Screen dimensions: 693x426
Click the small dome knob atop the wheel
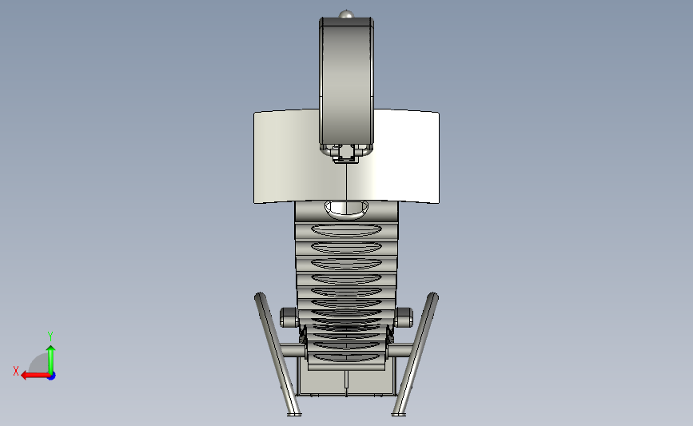click(347, 14)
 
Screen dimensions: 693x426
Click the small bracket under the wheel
click(346, 153)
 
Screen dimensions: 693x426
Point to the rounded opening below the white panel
click(347, 210)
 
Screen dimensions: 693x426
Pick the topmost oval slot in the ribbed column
click(347, 230)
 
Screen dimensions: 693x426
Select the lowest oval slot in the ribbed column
click(347, 357)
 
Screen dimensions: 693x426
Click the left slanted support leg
click(277, 353)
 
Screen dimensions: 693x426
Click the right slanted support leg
click(416, 353)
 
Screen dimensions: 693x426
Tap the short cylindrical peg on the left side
click(289, 317)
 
